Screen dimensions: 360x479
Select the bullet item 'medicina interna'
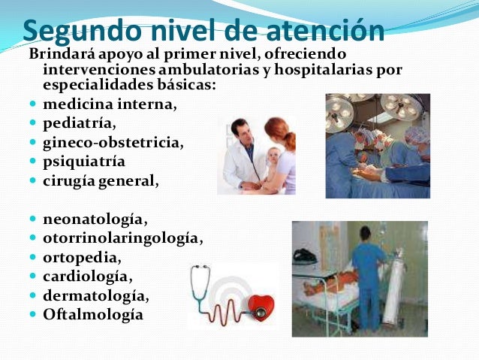coord(110,104)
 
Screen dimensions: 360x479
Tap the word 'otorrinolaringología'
coord(123,238)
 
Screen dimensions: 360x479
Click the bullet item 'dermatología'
coord(95,295)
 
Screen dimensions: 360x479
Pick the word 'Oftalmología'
coord(93,314)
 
